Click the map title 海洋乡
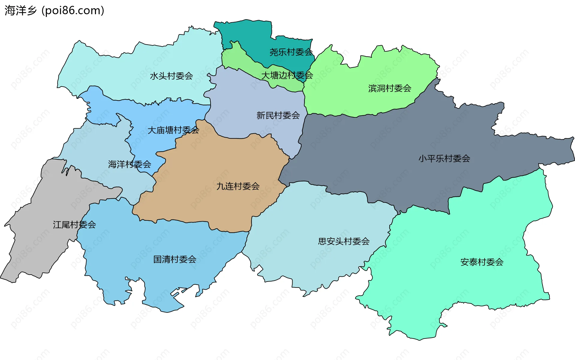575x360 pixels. (20, 10)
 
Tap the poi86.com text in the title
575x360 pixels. (73, 10)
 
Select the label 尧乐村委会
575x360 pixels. (291, 52)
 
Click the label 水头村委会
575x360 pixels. (171, 76)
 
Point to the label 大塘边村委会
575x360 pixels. (287, 75)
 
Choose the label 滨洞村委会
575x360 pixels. (390, 88)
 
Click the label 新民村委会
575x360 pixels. (278, 115)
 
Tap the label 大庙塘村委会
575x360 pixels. (173, 130)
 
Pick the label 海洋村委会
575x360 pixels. (129, 164)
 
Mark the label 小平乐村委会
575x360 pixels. (444, 158)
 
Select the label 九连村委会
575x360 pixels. (238, 186)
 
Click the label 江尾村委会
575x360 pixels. (74, 225)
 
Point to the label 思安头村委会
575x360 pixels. (344, 241)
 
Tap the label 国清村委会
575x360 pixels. (175, 259)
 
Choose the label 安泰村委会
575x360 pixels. (482, 262)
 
